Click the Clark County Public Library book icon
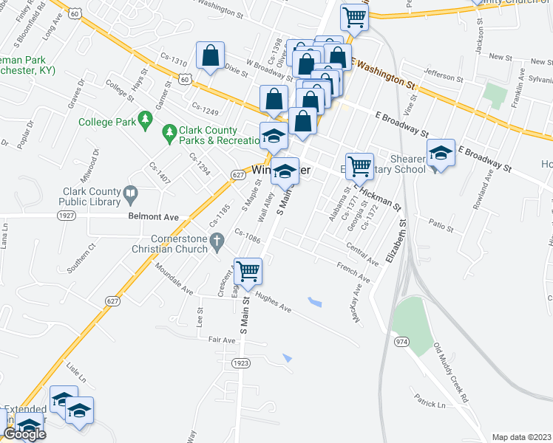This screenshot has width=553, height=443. point(131,194)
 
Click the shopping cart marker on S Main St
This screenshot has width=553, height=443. point(248,271)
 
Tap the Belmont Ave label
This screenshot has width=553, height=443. point(161,218)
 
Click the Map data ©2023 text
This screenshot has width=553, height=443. point(521,437)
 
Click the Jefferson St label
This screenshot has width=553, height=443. point(443,76)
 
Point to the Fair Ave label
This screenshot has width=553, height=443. point(221,340)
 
